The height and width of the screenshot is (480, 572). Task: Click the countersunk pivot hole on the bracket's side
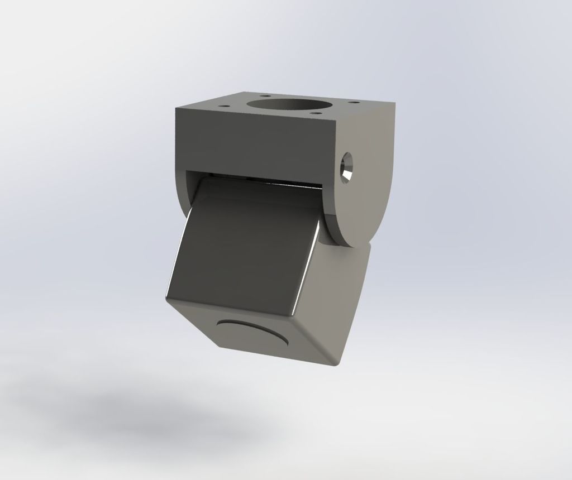(x=347, y=166)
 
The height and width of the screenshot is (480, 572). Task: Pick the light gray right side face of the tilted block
(x=341, y=296)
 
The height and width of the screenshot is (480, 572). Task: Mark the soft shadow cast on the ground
(x=156, y=419)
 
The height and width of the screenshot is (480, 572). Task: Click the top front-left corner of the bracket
(x=176, y=108)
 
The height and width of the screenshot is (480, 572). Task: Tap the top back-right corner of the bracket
(x=394, y=104)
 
